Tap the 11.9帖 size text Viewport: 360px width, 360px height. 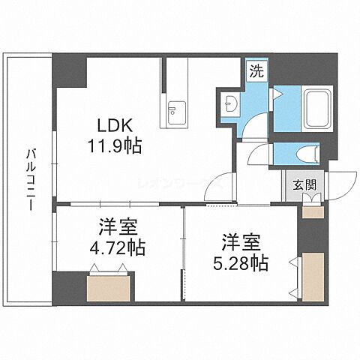click(x=115, y=144)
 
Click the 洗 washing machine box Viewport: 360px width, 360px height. click(x=257, y=73)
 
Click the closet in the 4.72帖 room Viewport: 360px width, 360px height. click(x=109, y=288)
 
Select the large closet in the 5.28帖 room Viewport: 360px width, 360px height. click(x=312, y=277)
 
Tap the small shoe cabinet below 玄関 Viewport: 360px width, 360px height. click(x=311, y=212)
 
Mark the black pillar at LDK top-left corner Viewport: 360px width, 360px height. click(x=70, y=73)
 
